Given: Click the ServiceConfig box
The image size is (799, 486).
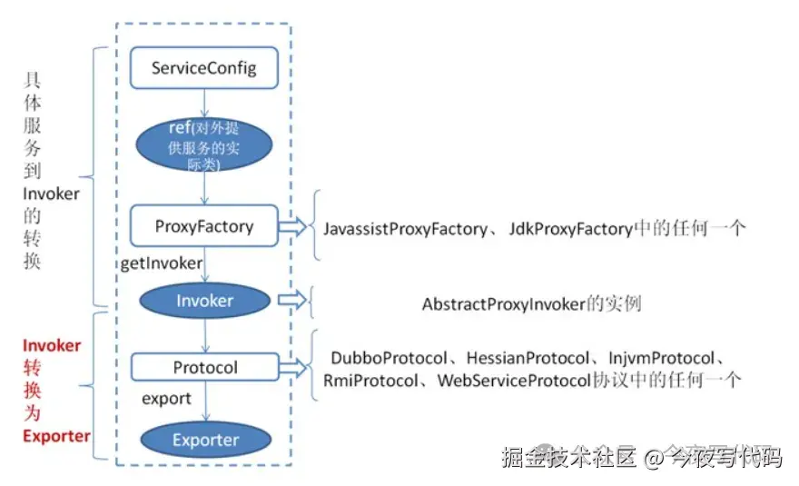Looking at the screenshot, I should [x=204, y=68].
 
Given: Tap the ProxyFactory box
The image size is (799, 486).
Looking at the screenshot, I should [x=204, y=226].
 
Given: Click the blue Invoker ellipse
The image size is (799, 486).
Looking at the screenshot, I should [x=204, y=301].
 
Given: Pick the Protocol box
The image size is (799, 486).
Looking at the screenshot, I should [x=204, y=367].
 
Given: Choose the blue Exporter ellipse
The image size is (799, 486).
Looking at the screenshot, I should [x=204, y=441].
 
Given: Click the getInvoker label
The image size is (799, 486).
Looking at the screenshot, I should [x=162, y=263].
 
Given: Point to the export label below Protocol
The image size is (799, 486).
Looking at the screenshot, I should [x=166, y=399].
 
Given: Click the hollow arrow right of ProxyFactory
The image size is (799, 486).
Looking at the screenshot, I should [x=292, y=227].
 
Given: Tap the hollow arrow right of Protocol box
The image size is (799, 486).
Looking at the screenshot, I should [x=292, y=367].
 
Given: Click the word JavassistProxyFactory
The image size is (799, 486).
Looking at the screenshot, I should [x=405, y=229].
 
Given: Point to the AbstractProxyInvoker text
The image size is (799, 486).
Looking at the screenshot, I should [x=502, y=304].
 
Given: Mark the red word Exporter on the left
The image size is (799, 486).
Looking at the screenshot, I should [x=56, y=436].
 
